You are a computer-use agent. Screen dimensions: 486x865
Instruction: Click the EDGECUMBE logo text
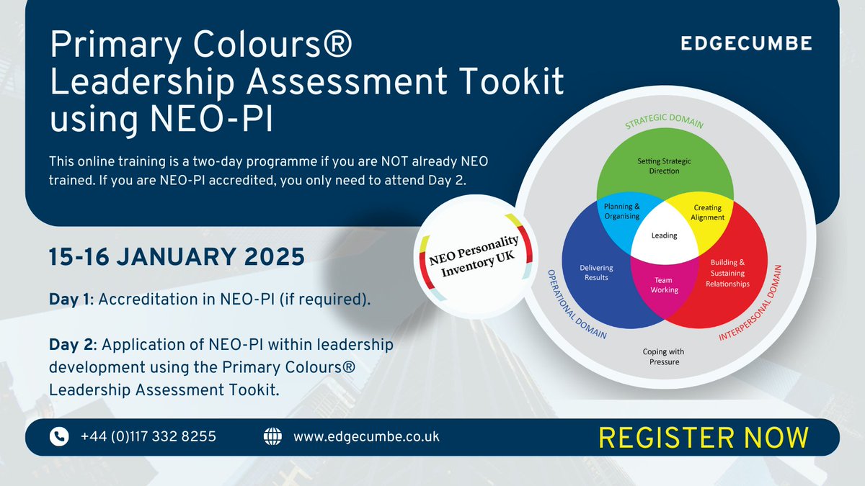(746, 44)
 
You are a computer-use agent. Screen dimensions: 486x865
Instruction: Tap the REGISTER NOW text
(704, 437)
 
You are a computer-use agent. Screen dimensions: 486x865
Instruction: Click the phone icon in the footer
(59, 436)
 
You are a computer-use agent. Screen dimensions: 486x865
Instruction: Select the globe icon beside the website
(272, 436)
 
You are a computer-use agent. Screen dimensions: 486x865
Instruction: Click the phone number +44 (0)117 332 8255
(148, 436)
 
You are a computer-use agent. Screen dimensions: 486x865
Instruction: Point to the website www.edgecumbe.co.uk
(366, 436)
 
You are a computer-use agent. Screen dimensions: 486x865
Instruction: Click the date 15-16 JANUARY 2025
(176, 256)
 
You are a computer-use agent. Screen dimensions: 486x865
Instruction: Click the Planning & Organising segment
(622, 212)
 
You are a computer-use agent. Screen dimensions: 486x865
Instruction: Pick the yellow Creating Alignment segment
(707, 212)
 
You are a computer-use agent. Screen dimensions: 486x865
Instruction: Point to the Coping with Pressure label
(663, 356)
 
